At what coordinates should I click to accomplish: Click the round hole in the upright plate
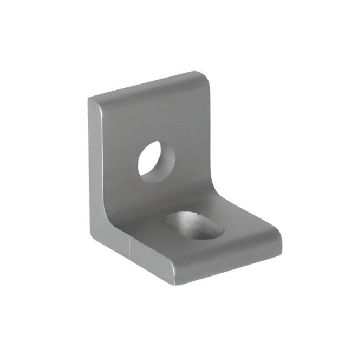[x=157, y=158]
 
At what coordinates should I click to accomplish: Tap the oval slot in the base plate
[x=194, y=225]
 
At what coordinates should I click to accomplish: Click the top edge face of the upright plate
[x=146, y=87]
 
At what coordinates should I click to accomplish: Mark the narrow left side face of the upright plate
[x=96, y=163]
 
